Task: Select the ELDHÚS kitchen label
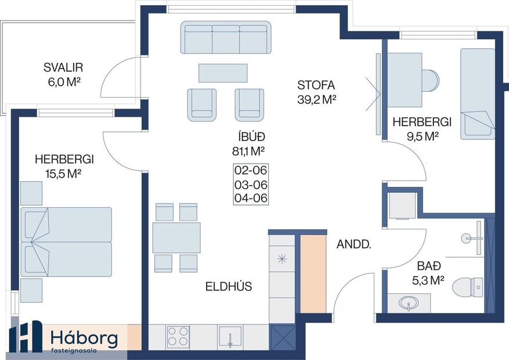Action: [x=229, y=286]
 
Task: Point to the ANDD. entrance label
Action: [x=353, y=244]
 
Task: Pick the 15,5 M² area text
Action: [x=64, y=172]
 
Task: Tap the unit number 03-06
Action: [x=250, y=185]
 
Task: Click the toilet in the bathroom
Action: [x=468, y=286]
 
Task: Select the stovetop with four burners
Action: [x=178, y=336]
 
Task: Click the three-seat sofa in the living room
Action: [x=226, y=38]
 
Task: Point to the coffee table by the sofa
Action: [x=223, y=73]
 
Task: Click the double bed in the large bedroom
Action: [x=66, y=242]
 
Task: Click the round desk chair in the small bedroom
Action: [x=431, y=80]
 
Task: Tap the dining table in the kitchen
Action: [x=176, y=237]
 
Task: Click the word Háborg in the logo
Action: [x=84, y=338]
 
